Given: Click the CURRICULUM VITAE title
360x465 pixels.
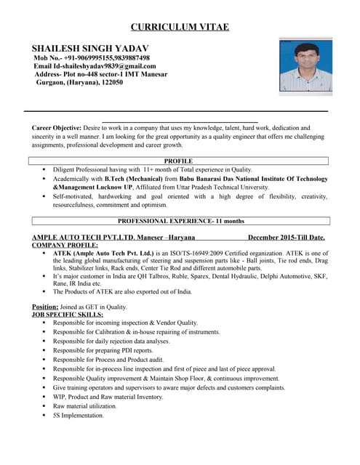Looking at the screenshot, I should pos(180,28).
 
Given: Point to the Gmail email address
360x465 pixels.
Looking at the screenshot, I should pos(108,66).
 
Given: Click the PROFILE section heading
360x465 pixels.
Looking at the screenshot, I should pos(178,161).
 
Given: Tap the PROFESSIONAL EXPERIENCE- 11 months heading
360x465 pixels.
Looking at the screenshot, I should pos(181,220).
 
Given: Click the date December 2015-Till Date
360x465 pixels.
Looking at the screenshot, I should pos(286,238).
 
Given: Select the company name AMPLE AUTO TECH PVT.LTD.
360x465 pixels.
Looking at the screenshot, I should pos(81,238).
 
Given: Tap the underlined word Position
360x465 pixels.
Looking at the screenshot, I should pos(45,307).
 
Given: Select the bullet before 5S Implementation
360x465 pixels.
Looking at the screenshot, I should pos(44,416).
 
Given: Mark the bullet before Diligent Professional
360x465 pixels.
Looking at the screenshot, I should pos(44,169).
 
